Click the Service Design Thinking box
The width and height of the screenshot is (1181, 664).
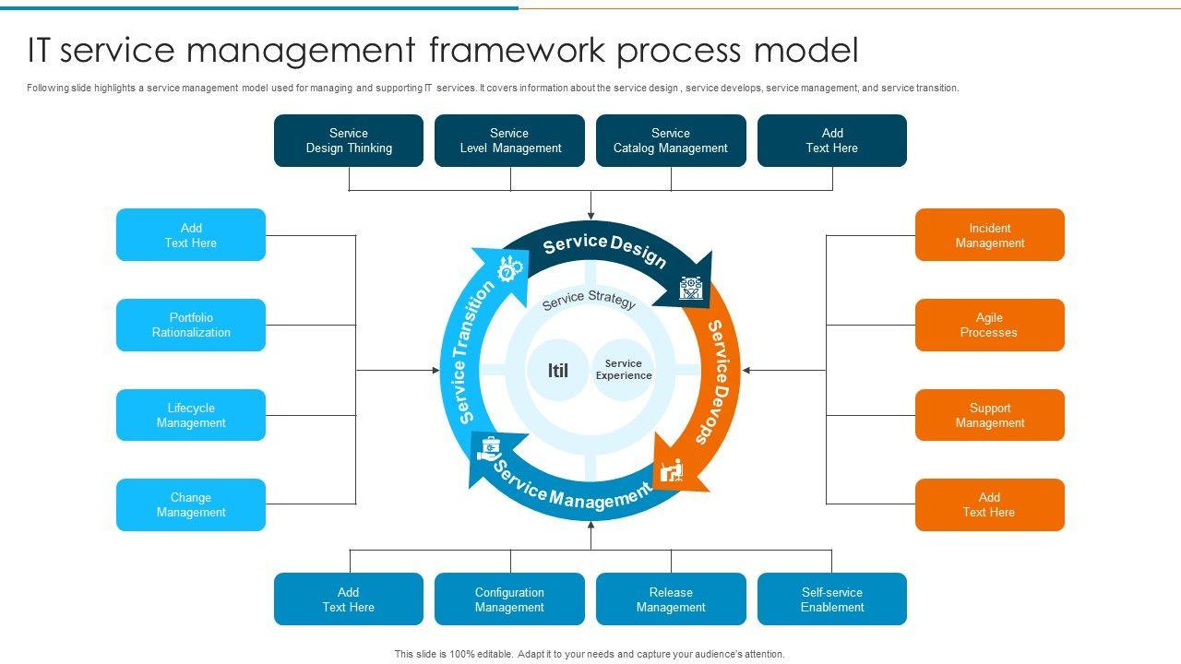(x=349, y=140)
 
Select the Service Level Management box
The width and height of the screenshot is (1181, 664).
(x=509, y=140)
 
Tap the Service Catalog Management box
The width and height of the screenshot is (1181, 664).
(x=671, y=140)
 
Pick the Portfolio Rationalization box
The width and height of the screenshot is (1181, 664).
(x=191, y=325)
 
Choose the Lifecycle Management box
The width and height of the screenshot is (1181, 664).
(x=191, y=415)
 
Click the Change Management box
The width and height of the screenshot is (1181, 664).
(x=191, y=504)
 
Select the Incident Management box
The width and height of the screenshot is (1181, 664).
(x=989, y=235)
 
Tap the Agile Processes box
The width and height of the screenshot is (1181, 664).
(x=989, y=325)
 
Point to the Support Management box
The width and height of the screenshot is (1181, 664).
(x=989, y=415)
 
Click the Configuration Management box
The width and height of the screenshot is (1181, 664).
(x=509, y=599)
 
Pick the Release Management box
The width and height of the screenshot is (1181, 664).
(x=671, y=599)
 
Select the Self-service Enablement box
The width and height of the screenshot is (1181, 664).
(x=832, y=599)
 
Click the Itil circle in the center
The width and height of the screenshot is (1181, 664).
(x=558, y=371)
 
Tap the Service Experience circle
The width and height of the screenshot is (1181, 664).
(x=624, y=370)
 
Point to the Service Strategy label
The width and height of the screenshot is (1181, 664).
(x=589, y=301)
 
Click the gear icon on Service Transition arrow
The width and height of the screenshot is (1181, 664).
(x=509, y=269)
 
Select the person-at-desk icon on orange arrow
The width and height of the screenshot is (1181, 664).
(x=672, y=470)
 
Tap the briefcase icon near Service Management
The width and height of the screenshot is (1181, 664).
(x=489, y=449)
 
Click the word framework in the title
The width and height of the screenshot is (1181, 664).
(x=518, y=50)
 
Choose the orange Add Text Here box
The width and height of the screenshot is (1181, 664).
(x=989, y=504)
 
